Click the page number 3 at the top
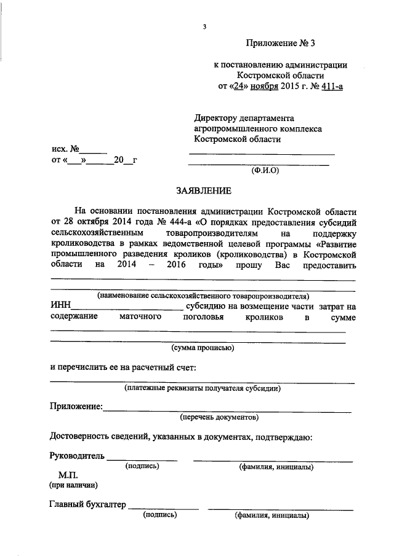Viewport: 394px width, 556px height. [x=204, y=26]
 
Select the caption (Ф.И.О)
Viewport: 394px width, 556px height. [x=265, y=170]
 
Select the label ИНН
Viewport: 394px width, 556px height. [x=60, y=306]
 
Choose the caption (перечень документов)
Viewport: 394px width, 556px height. [x=218, y=417]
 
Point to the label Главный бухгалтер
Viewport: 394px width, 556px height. [x=87, y=505]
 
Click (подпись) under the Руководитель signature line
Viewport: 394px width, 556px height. [x=142, y=467]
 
